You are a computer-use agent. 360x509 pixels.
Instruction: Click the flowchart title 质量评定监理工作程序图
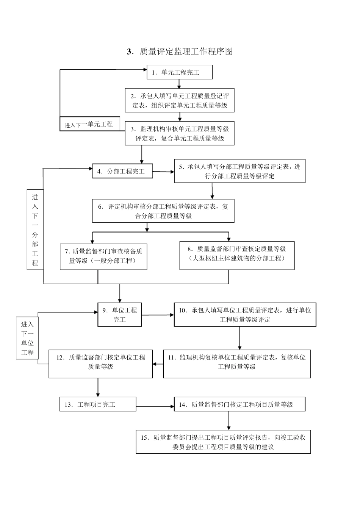point(180,52)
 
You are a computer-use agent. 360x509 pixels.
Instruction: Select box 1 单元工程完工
point(180,72)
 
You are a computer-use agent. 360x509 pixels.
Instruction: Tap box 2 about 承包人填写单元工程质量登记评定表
point(180,100)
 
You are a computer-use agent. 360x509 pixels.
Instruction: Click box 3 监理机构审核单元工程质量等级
point(180,133)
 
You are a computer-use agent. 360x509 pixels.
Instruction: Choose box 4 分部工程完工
point(122,171)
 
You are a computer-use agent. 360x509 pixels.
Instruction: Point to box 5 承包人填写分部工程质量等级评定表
point(239,171)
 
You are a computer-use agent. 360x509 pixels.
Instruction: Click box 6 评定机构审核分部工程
point(163,211)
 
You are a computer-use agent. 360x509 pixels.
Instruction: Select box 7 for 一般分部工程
point(103,256)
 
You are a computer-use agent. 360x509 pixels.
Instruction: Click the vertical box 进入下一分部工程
point(35,230)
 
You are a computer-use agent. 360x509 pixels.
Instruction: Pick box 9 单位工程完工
point(120,314)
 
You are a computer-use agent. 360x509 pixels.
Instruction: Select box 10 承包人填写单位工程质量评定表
point(245,314)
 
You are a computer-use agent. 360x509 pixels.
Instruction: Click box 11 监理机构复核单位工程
point(237,362)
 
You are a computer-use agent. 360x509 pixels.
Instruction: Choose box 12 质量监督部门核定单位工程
point(100,362)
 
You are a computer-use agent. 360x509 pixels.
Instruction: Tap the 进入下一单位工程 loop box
point(27,338)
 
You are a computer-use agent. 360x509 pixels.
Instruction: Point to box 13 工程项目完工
point(98,404)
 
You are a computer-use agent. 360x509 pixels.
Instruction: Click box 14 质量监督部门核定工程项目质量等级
point(239,404)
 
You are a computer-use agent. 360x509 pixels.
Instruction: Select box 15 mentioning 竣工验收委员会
point(223,442)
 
